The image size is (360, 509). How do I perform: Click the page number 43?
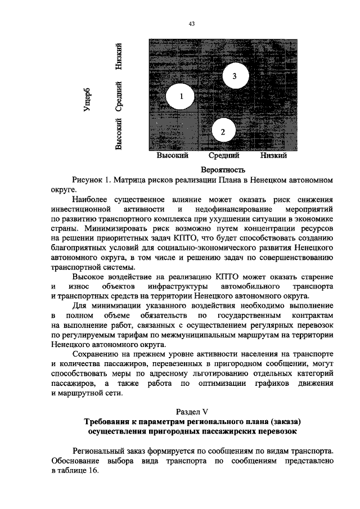click(x=192, y=24)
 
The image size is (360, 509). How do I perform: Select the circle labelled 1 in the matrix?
click(x=181, y=97)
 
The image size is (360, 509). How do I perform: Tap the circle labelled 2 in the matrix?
click(x=223, y=132)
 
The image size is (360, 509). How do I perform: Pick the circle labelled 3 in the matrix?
click(x=234, y=75)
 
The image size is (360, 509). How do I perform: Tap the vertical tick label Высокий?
click(x=118, y=134)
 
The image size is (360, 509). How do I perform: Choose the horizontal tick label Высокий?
click(x=172, y=156)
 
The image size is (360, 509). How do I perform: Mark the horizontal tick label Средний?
click(x=224, y=156)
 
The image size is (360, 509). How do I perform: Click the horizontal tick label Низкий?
click(x=274, y=156)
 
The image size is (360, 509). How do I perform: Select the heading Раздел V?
click(x=192, y=412)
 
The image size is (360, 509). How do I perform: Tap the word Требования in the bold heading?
click(x=109, y=422)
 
